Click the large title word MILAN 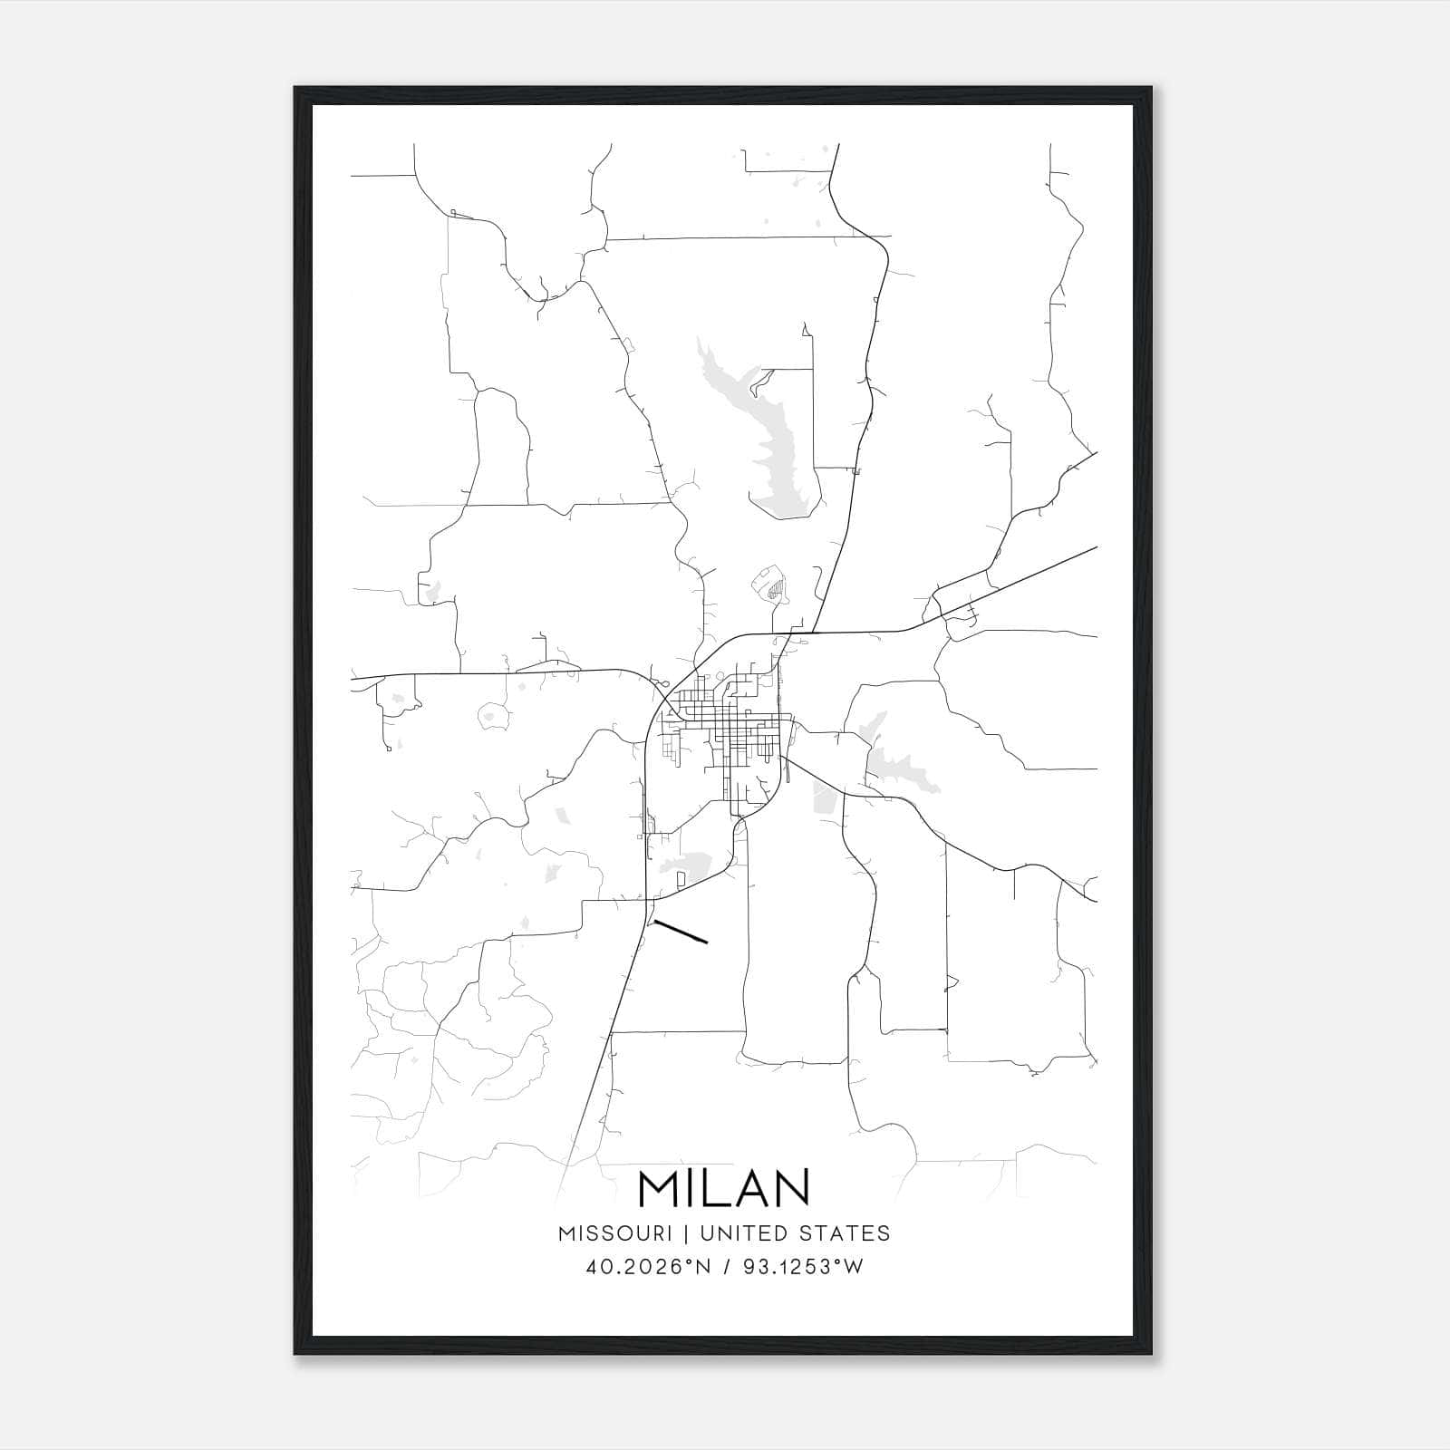coord(724,1188)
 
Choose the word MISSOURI coord(614,1233)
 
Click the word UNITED coord(741,1233)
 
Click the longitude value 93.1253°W coord(803,1267)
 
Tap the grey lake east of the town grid coord(893,761)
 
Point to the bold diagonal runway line coord(680,932)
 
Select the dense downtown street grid coord(725,725)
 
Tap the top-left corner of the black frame coord(296,89)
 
